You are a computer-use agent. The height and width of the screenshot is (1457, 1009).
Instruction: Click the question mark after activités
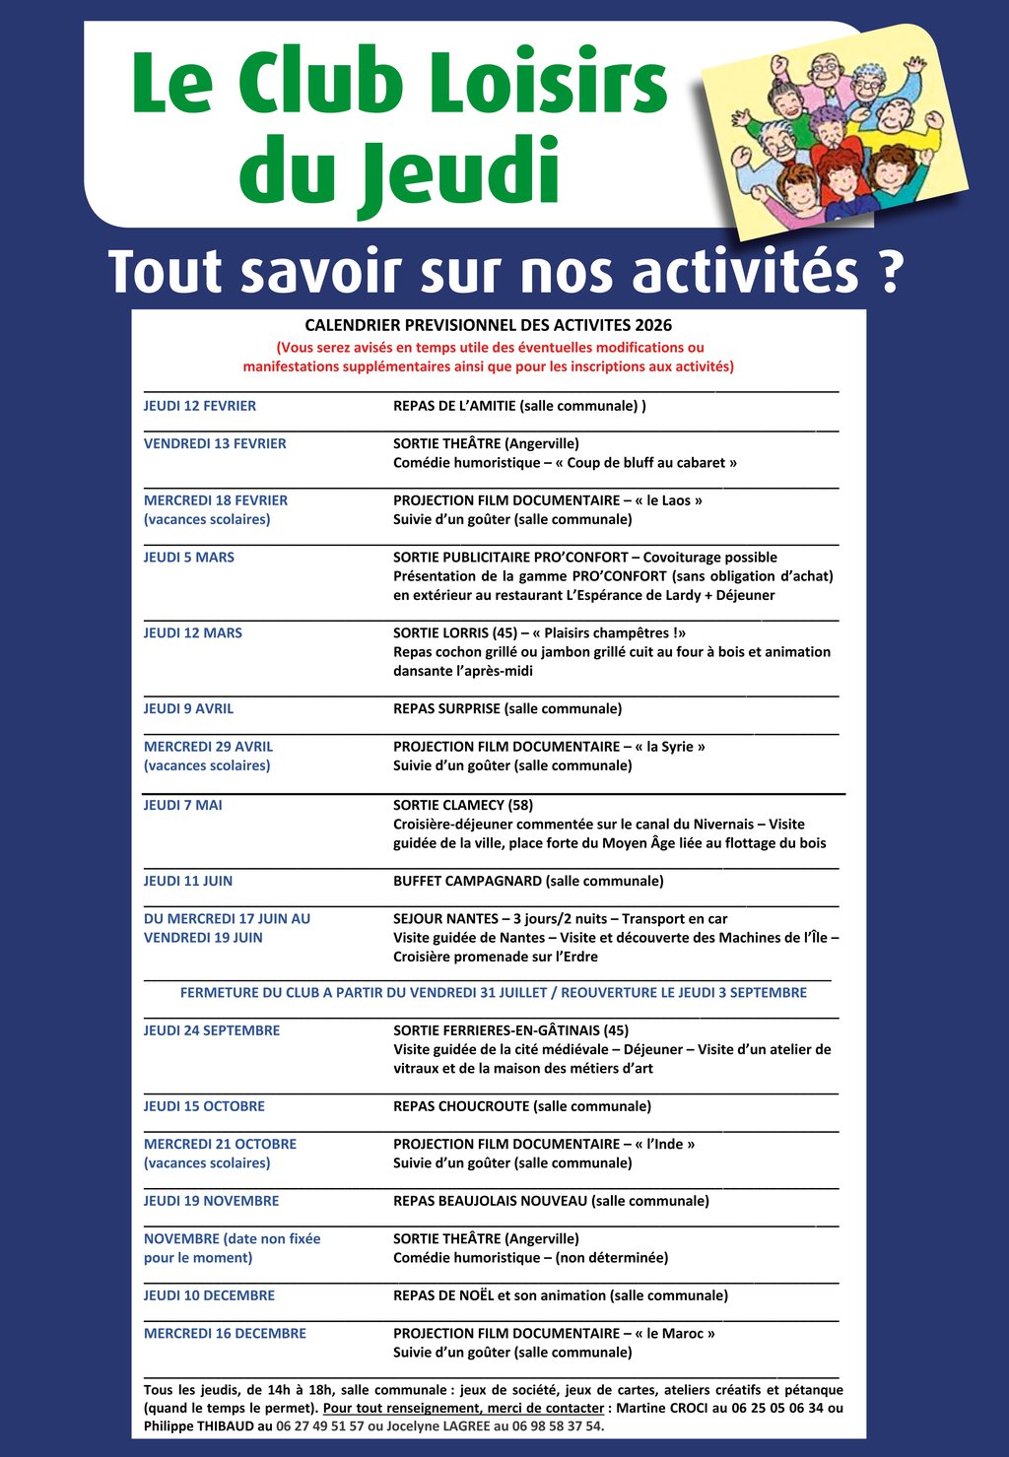click(889, 271)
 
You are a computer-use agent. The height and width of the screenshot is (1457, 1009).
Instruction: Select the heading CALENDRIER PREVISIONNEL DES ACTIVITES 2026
click(488, 325)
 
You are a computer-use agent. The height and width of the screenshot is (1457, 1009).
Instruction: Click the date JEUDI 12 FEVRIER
click(200, 406)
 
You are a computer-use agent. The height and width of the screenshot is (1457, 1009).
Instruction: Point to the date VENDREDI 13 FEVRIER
click(215, 443)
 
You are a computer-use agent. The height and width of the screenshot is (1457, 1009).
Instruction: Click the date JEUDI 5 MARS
click(189, 558)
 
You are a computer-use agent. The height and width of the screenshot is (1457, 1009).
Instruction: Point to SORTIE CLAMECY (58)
click(463, 805)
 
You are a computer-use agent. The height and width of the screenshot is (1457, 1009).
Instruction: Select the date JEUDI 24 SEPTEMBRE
click(212, 1030)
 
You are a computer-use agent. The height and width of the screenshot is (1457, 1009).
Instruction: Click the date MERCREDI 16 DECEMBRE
click(225, 1334)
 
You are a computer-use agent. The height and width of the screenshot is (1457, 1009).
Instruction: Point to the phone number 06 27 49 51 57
click(320, 1426)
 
